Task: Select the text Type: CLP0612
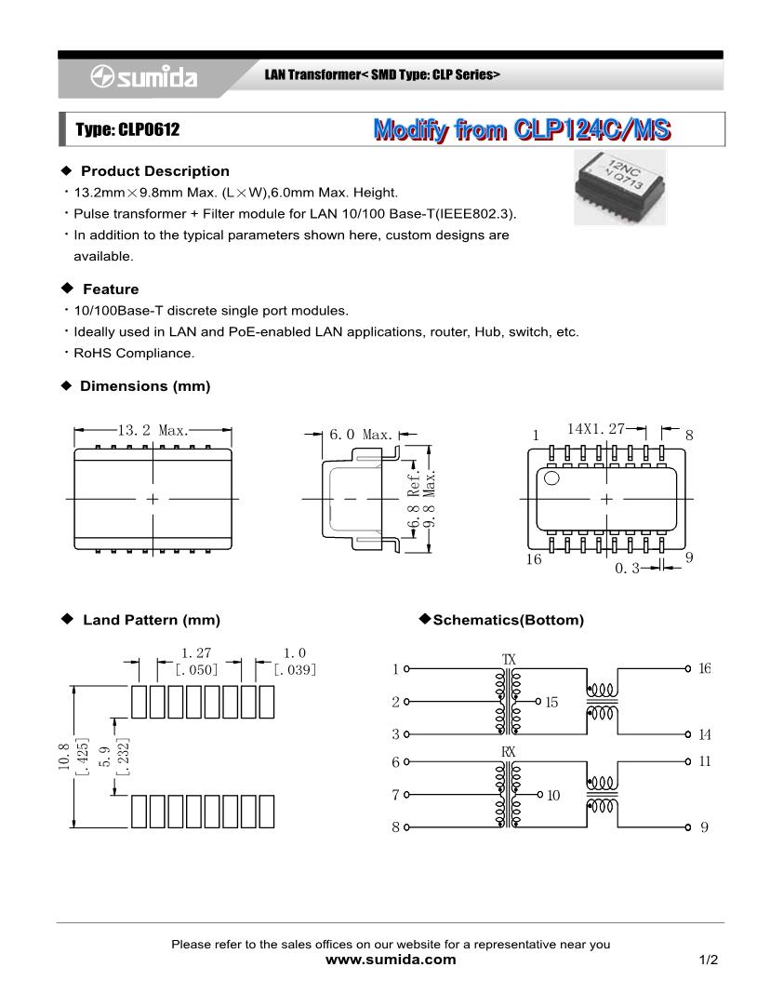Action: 127,129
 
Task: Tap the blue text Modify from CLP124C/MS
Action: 521,129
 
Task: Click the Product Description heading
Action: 154,171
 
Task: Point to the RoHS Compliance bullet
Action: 135,353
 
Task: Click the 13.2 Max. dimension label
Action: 153,430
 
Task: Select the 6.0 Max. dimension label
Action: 362,435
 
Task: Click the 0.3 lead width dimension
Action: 628,567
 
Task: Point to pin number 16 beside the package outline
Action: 534,559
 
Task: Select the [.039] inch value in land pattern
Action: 295,669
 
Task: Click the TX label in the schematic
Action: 509,660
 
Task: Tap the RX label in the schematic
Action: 509,751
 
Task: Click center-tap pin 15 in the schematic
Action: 552,702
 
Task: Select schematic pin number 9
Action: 704,826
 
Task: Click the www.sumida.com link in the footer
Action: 391,960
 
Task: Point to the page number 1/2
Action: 709,960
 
